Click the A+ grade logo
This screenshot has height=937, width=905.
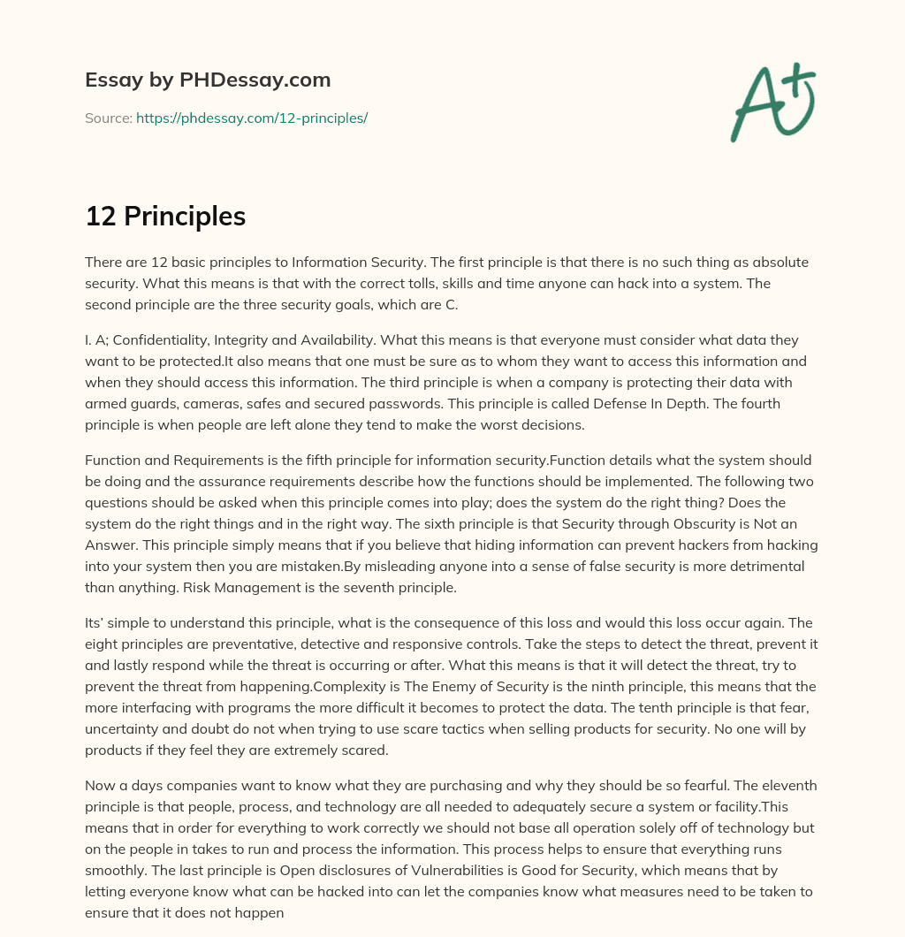click(772, 102)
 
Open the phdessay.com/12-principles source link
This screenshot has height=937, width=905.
click(252, 118)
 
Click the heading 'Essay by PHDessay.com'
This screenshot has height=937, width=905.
click(208, 80)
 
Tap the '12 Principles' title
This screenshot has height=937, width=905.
click(165, 217)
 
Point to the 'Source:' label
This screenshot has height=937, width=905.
click(109, 118)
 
